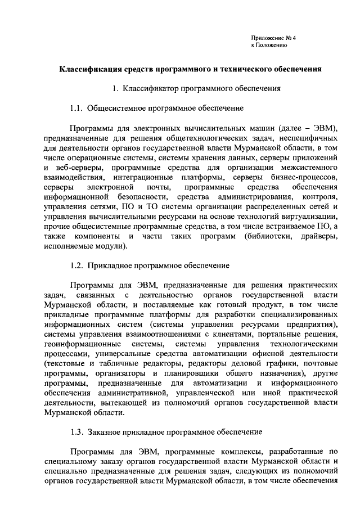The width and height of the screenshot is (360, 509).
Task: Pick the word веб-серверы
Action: [83, 168]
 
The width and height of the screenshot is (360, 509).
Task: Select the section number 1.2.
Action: [77, 264]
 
